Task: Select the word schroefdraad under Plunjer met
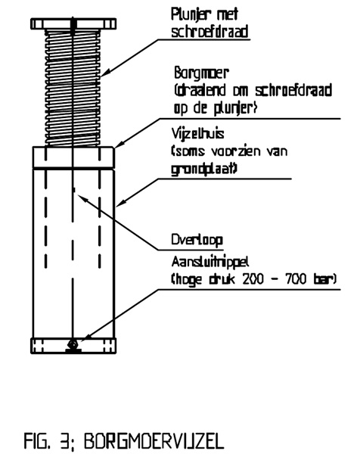coord(209,32)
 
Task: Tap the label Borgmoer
coord(201,74)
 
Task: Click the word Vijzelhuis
coord(197,134)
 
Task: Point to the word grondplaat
coord(203,169)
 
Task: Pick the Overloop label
coord(197,240)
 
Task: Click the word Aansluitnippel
coord(210,263)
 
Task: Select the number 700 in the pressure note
coord(296,279)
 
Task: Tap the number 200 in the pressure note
coord(253,279)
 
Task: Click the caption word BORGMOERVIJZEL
coord(154,441)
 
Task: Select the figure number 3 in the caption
coord(64,441)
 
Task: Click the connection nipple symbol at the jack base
coord(73,345)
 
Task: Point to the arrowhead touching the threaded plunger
coord(104,74)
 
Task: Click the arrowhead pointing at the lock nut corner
coord(119,145)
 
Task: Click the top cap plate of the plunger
coord(73,23)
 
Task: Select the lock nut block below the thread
coord(73,157)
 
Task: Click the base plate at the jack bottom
coord(73,346)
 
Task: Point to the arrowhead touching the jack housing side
coord(120,204)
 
